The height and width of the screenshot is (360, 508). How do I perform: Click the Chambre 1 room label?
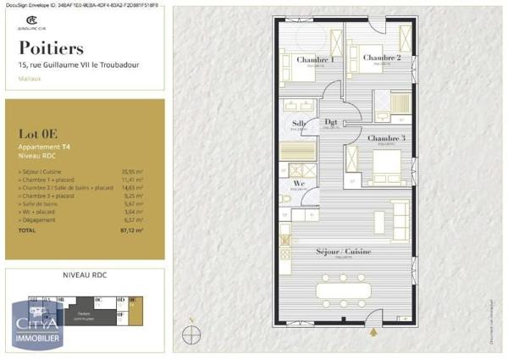[313, 60]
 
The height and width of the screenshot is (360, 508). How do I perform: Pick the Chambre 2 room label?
[381, 58]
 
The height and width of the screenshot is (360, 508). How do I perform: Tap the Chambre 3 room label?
[386, 137]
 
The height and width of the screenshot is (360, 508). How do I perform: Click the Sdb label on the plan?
[300, 124]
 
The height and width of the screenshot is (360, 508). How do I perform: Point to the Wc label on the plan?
[298, 182]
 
